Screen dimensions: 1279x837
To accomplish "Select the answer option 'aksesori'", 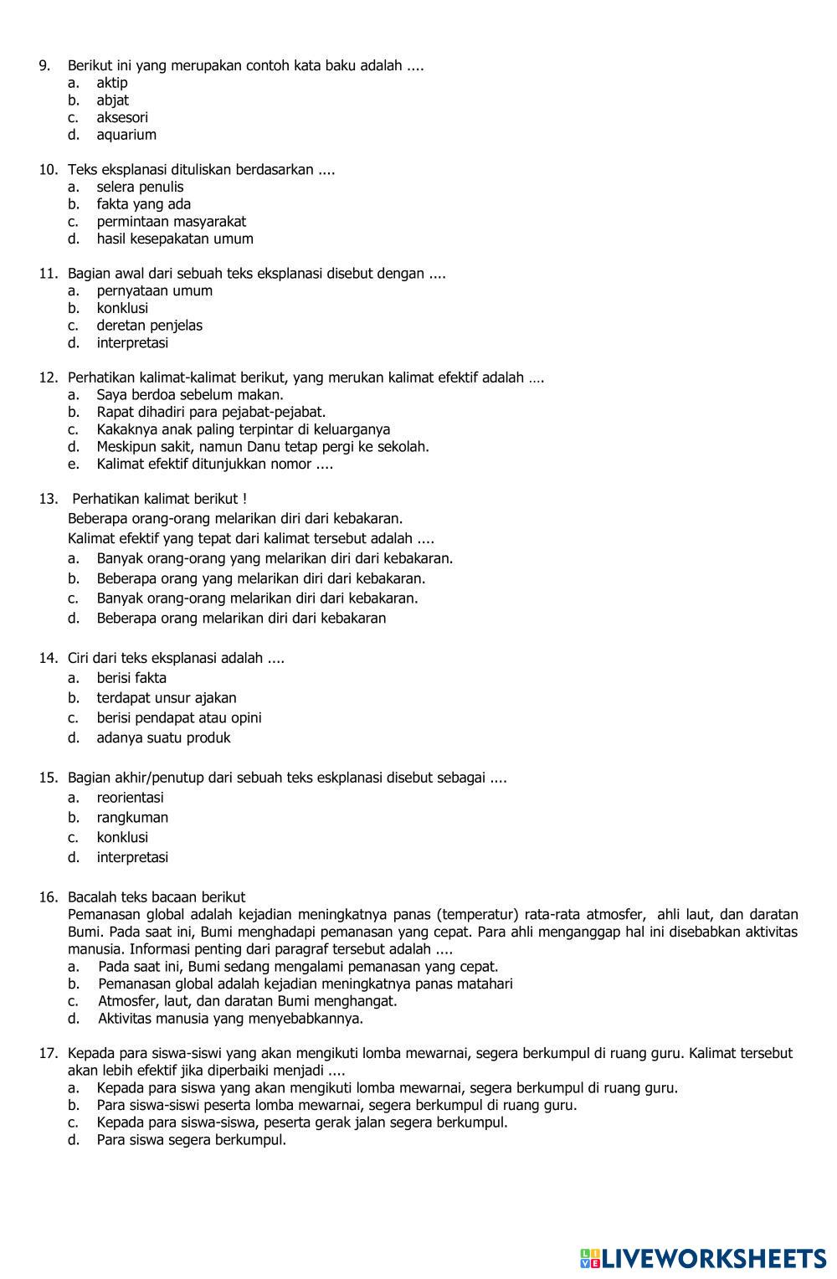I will [x=122, y=117].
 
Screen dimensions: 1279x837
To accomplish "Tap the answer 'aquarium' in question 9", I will [x=126, y=135].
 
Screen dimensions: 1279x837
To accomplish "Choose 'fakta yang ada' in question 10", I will [x=144, y=204].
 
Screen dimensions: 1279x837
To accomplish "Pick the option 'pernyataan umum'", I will [x=155, y=291].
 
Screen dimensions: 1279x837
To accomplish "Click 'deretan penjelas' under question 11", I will [x=150, y=326].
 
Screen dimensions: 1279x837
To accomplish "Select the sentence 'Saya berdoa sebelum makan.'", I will [x=190, y=395].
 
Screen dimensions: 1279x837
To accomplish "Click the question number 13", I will [x=47, y=499].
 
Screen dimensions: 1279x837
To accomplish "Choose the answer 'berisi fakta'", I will [x=131, y=678].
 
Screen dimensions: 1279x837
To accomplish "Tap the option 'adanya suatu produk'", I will [x=163, y=738].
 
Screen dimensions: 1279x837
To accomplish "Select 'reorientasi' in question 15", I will [x=131, y=798].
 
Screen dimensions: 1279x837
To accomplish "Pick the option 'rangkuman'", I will [x=132, y=818].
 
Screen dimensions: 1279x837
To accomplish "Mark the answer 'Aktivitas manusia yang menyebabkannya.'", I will [x=231, y=1019].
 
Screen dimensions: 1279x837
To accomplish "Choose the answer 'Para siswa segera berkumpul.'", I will [x=192, y=1140].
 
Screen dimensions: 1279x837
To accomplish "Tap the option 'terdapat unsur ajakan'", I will [x=167, y=698].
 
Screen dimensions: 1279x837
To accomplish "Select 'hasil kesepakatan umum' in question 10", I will [x=175, y=239].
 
